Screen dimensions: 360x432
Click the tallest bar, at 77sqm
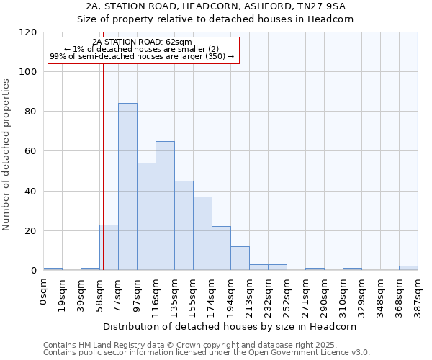(x=127, y=187)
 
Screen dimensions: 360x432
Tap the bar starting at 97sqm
(x=146, y=217)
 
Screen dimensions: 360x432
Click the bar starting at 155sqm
(x=202, y=233)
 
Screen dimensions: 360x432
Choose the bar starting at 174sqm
(x=221, y=248)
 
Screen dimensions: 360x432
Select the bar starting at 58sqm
(x=109, y=248)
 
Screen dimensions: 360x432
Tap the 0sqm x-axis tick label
(x=44, y=291)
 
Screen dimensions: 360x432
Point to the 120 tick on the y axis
(x=28, y=32)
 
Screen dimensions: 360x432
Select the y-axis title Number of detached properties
(x=7, y=154)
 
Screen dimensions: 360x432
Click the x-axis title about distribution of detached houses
(x=230, y=326)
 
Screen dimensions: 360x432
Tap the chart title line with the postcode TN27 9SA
(x=215, y=6)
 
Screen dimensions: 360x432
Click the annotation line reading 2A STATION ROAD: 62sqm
(x=142, y=42)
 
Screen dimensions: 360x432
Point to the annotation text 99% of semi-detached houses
(x=142, y=56)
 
